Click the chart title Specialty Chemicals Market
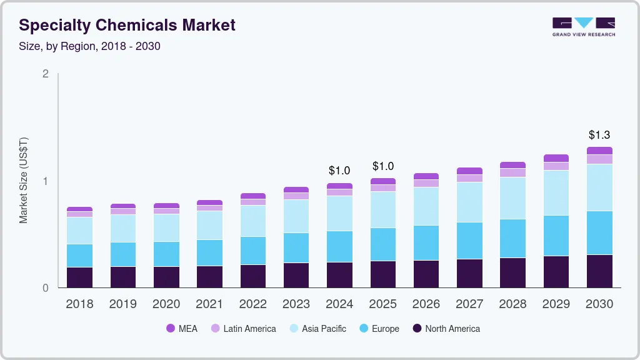(x=127, y=25)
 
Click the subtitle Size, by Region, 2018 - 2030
(x=89, y=46)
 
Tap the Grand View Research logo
(x=583, y=26)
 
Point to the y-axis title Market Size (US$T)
(x=24, y=181)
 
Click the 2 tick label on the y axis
(x=45, y=74)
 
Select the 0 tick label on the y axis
(x=45, y=288)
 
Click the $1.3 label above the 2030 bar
(x=599, y=135)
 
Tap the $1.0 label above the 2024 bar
(x=339, y=171)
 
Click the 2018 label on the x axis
(x=79, y=304)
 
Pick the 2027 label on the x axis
(x=469, y=304)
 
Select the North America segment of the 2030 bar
(x=599, y=271)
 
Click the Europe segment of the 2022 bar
(x=252, y=251)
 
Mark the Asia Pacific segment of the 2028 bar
(x=512, y=198)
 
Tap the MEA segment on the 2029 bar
(x=556, y=158)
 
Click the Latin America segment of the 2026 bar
(x=426, y=183)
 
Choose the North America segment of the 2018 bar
(x=79, y=277)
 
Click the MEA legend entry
(x=182, y=329)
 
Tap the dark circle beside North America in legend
(x=417, y=329)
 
